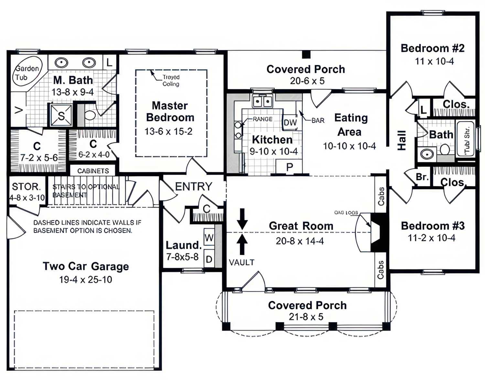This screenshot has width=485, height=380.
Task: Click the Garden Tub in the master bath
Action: pyautogui.click(x=28, y=73)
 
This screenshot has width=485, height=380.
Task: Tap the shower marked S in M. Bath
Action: pyautogui.click(x=61, y=115)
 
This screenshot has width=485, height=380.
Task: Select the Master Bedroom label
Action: pyautogui.click(x=170, y=111)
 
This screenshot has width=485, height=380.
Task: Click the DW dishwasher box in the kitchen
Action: pyautogui.click(x=290, y=122)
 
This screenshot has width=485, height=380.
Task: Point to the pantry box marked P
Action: pyautogui.click(x=289, y=167)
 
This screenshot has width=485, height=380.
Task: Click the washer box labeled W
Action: pyautogui.click(x=209, y=238)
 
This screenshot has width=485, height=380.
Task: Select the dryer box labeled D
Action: pyautogui.click(x=209, y=259)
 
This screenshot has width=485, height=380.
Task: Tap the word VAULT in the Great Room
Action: pyautogui.click(x=242, y=262)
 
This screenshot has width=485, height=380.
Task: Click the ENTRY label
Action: pyautogui.click(x=193, y=187)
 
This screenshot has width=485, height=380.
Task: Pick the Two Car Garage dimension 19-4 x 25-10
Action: pyautogui.click(x=86, y=280)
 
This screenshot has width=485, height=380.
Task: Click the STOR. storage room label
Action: pyautogui.click(x=26, y=187)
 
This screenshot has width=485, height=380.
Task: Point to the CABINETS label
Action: pyautogui.click(x=93, y=171)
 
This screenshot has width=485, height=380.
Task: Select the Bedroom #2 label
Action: pyautogui.click(x=433, y=48)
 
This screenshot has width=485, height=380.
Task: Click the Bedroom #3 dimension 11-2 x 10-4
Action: pyautogui.click(x=431, y=238)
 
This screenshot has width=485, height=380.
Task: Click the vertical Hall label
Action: pyautogui.click(x=401, y=140)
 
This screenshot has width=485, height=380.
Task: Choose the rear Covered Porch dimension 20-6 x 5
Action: pyautogui.click(x=307, y=81)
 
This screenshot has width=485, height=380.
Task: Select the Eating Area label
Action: pyautogui.click(x=351, y=125)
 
